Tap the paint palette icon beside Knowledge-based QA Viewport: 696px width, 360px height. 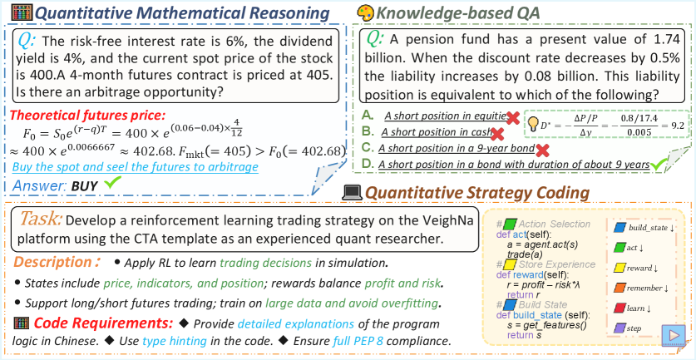365,12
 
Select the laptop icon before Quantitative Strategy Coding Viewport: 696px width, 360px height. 353,192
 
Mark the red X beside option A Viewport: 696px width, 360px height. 513,117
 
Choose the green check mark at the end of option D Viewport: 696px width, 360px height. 659,165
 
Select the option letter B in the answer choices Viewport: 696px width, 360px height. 366,132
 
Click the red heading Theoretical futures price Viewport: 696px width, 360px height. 88,116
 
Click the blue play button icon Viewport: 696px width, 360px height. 673,335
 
